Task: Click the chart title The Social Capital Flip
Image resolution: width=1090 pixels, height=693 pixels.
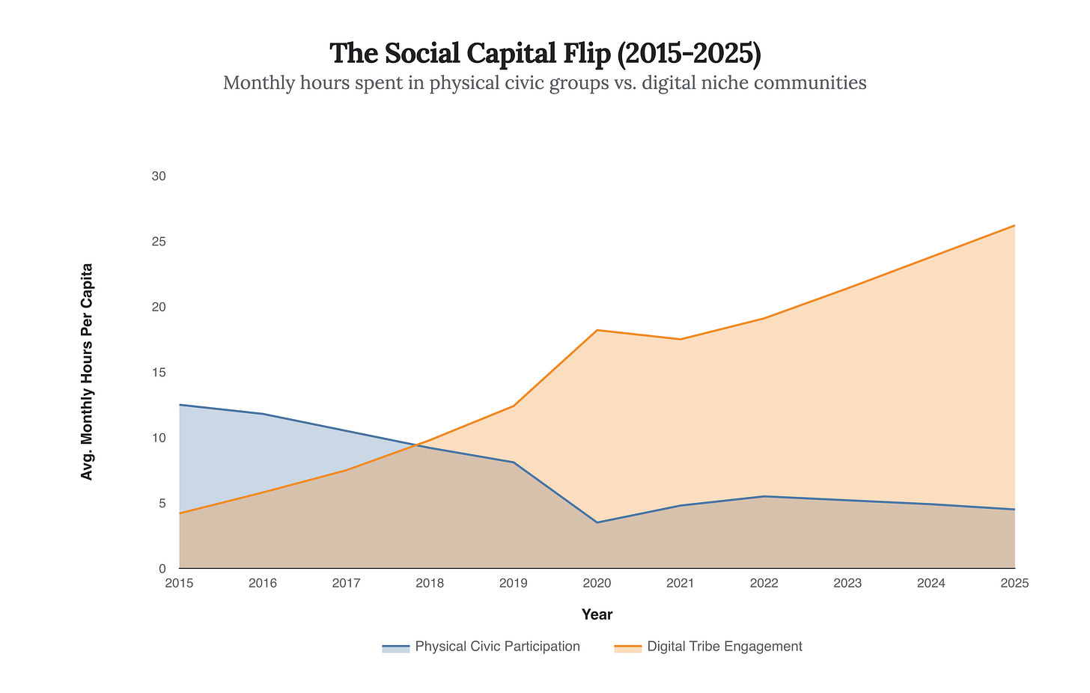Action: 545,53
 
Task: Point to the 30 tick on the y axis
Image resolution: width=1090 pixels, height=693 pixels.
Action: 158,177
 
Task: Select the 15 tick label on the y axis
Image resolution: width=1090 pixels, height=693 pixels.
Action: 158,373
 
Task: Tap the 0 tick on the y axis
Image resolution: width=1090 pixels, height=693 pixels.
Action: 162,569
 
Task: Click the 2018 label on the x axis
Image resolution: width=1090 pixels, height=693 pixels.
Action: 430,584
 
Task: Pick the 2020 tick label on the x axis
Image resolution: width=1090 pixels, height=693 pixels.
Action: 597,584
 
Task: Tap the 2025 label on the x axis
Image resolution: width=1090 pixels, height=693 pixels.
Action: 1014,584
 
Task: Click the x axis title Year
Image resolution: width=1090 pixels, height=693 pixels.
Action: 597,615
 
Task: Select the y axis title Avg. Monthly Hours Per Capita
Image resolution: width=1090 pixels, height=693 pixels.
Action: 87,372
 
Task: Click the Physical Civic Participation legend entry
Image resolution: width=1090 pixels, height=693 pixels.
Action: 481,647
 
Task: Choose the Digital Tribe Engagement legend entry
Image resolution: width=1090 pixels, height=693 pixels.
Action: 708,647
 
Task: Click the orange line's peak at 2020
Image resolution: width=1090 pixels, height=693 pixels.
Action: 597,330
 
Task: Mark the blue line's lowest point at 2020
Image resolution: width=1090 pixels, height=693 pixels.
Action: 597,522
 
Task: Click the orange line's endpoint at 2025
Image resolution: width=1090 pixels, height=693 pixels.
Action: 1014,225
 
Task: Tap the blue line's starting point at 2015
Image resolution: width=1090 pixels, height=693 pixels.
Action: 180,405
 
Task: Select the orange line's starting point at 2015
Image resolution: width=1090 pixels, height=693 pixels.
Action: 180,513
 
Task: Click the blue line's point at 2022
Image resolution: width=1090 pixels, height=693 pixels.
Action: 764,496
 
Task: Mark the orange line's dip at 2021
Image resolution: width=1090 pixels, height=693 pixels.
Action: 681,339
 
